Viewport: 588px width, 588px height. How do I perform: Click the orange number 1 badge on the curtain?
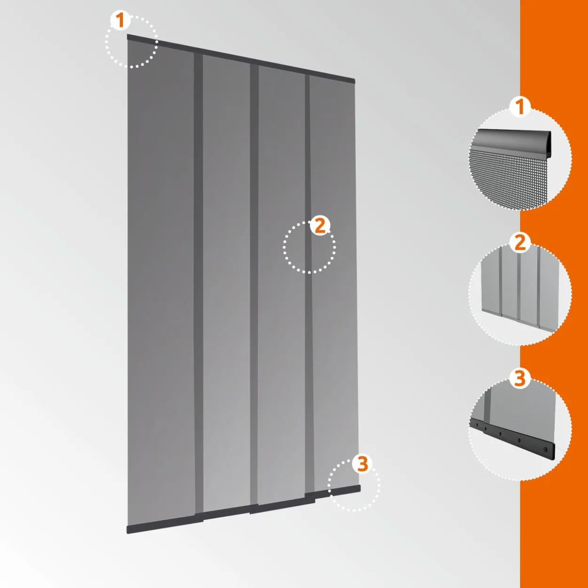pyautogui.click(x=120, y=21)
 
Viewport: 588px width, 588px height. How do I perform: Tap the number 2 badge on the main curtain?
pyautogui.click(x=320, y=226)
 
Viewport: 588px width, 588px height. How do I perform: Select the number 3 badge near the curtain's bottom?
pyautogui.click(x=362, y=464)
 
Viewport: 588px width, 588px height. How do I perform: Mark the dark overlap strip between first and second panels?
pyautogui.click(x=199, y=284)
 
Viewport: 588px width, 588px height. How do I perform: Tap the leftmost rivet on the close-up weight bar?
pyautogui.click(x=475, y=424)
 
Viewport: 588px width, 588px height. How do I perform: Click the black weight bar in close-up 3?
pyautogui.click(x=513, y=437)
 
